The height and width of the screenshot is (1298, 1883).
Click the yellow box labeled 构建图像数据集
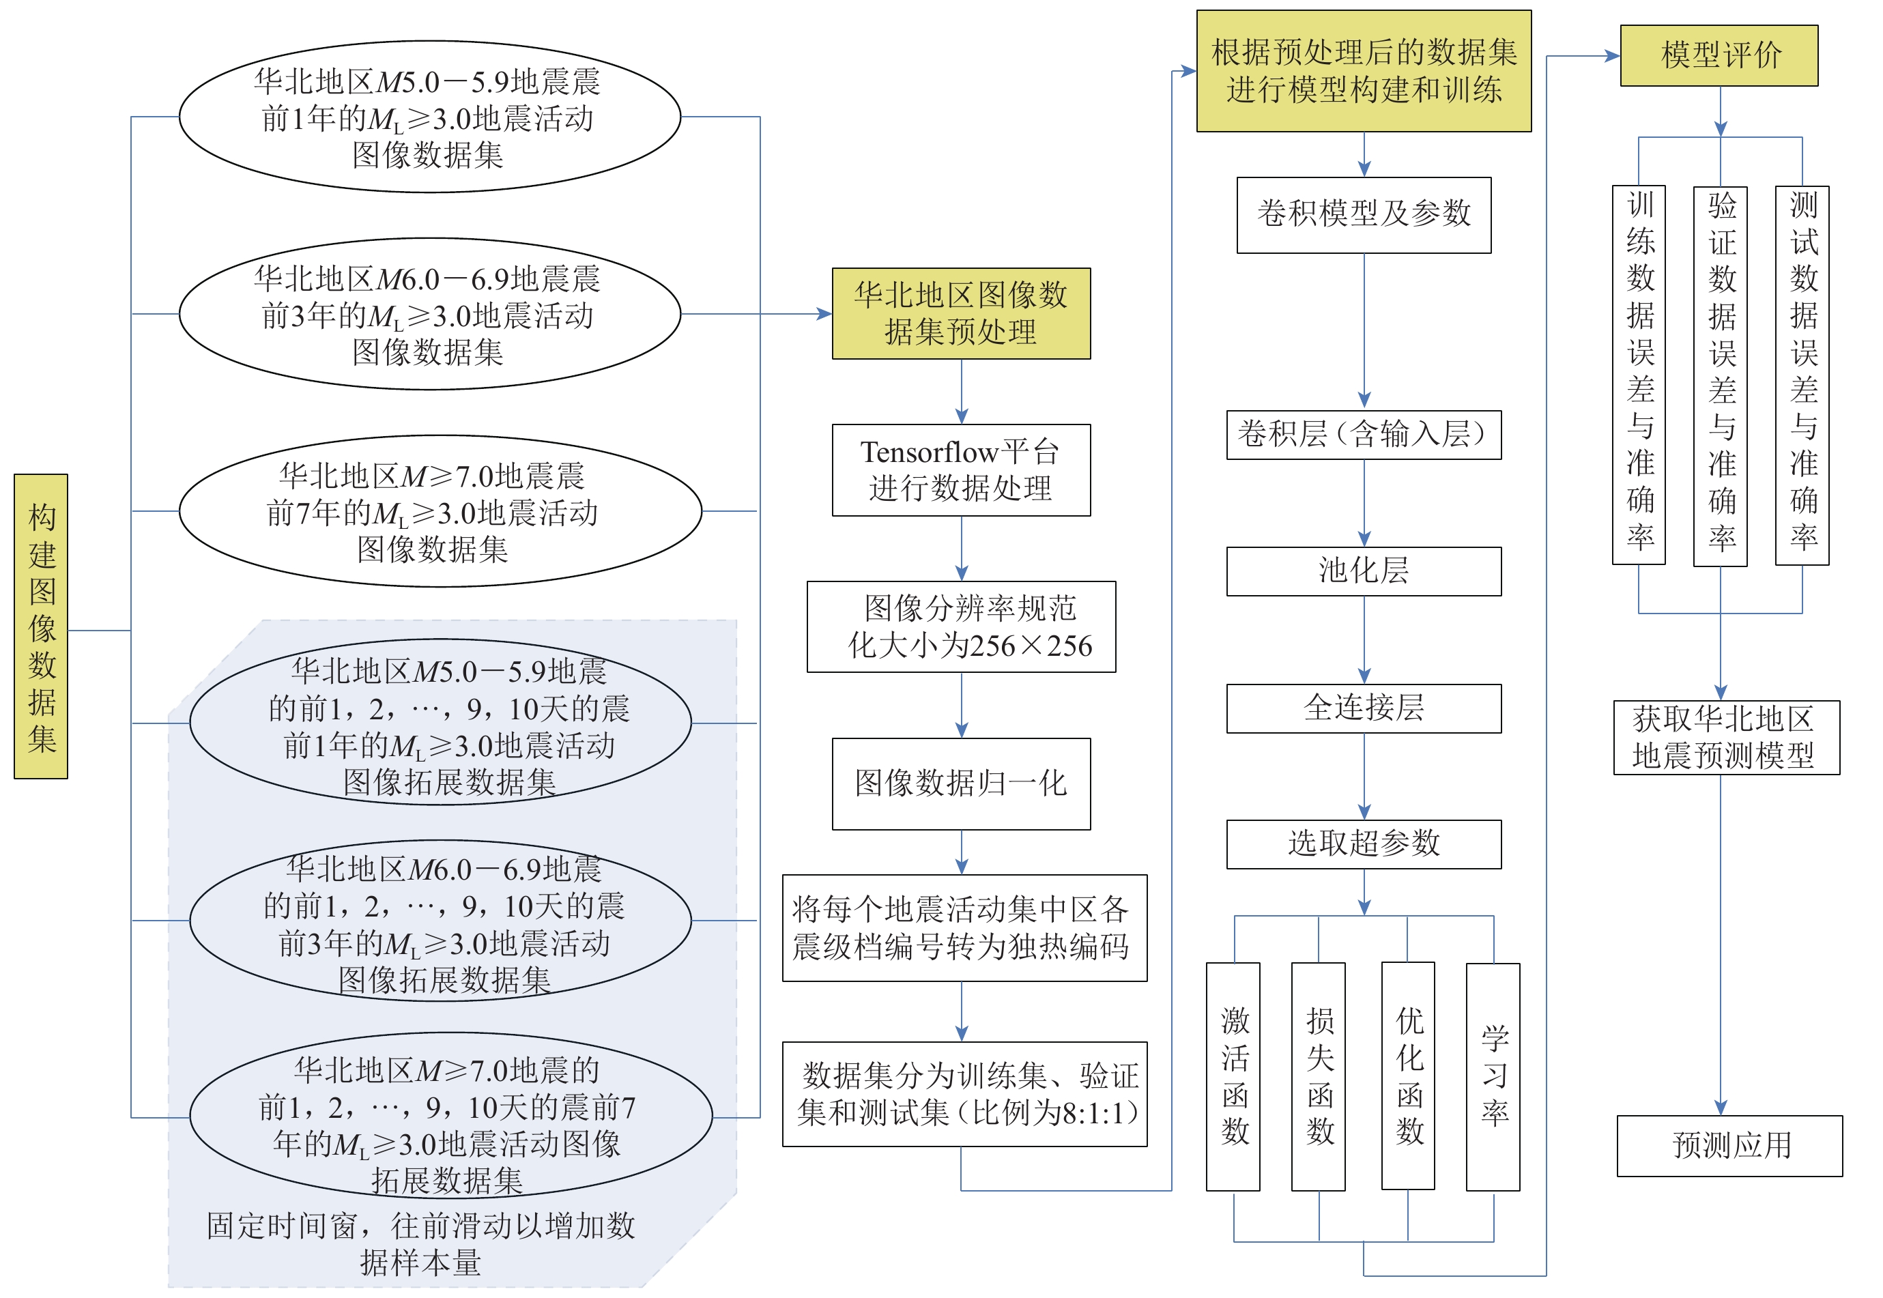pyautogui.click(x=41, y=626)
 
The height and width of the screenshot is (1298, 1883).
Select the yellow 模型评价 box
pyautogui.click(x=1719, y=55)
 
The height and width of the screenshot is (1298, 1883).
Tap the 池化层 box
pyautogui.click(x=1363, y=571)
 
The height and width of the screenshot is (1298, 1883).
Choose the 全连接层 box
pyautogui.click(x=1363, y=708)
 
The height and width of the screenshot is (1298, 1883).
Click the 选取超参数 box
pyautogui.click(x=1363, y=844)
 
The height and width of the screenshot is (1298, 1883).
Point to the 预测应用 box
pyautogui.click(x=1729, y=1145)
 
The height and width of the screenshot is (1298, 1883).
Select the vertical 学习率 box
pyautogui.click(x=1493, y=1077)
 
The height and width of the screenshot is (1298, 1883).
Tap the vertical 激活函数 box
pyautogui.click(x=1233, y=1077)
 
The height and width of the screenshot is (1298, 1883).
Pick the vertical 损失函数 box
pyautogui.click(x=1318, y=1077)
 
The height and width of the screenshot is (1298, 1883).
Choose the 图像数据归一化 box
pyautogui.click(x=961, y=784)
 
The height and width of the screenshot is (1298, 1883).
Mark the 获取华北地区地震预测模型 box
pyautogui.click(x=1726, y=738)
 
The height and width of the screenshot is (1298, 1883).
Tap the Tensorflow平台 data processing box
pyautogui.click(x=961, y=470)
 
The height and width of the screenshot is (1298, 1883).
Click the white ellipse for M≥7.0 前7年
pyautogui.click(x=440, y=510)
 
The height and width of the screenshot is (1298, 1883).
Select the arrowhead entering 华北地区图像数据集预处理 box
pyautogui.click(x=824, y=314)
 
